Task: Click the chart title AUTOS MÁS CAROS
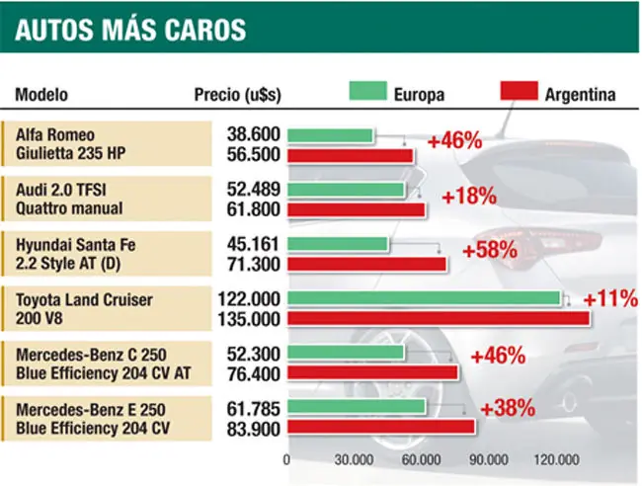pos(130,29)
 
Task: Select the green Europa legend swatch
pos(367,91)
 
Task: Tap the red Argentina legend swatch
pos(519,91)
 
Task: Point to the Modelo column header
pos(41,95)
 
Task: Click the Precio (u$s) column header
pos(237,95)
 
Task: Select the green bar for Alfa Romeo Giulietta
pos(330,135)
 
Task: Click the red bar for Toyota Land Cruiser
pos(439,318)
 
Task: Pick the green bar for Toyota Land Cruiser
pos(424,298)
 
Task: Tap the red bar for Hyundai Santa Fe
pos(366,264)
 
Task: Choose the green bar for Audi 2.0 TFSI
pos(346,190)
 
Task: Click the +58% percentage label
pos(490,249)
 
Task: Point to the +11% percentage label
pos(610,298)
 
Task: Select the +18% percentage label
pos(469,196)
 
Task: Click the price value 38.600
pos(254,134)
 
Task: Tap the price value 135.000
pos(249,319)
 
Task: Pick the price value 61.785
pos(254,409)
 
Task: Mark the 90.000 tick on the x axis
pos(489,459)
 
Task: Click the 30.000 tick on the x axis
pos(354,459)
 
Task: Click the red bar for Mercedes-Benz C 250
pos(372,372)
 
